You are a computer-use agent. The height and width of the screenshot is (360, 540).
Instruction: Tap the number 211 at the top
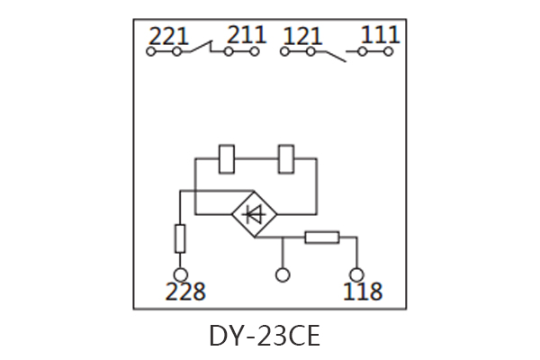(246, 36)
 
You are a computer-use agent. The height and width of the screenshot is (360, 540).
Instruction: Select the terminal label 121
(303, 36)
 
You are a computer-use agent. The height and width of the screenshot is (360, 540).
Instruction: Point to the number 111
(380, 36)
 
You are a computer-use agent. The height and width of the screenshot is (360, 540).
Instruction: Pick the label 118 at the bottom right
(362, 292)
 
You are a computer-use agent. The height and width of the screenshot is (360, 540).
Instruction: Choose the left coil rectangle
(229, 159)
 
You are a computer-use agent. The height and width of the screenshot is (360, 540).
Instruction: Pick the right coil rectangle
(287, 159)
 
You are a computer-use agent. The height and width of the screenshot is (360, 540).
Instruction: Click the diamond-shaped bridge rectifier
(255, 214)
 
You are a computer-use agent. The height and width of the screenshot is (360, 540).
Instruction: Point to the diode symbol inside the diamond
(255, 214)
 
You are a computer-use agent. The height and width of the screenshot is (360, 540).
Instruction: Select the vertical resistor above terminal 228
(180, 238)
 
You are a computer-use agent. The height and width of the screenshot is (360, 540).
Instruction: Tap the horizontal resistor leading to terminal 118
(321, 238)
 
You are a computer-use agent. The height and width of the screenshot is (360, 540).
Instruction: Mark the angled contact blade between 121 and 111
(332, 55)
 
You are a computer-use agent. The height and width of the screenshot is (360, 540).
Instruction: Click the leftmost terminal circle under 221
(151, 52)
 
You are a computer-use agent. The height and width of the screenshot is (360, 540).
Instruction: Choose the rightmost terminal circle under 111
(389, 52)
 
